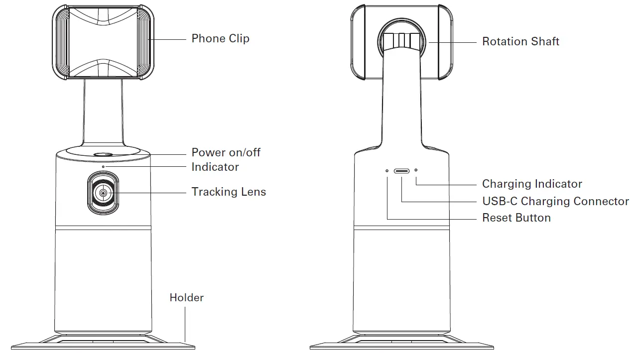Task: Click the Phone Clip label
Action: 220,39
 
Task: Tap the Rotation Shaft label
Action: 520,42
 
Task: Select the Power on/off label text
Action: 226,152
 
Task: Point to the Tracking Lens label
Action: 229,192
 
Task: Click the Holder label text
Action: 186,298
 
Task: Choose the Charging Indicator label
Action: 532,184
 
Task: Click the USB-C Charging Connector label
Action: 555,202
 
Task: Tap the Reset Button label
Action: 516,218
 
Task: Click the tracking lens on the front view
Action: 103,193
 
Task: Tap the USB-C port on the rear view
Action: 401,171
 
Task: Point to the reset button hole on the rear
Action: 387,171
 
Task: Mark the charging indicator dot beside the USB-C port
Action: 416,171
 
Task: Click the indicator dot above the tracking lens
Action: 103,166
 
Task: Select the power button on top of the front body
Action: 103,155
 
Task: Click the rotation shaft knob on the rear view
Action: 401,40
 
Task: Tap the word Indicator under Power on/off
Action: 215,167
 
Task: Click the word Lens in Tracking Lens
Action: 254,192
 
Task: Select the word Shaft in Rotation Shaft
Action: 544,42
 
